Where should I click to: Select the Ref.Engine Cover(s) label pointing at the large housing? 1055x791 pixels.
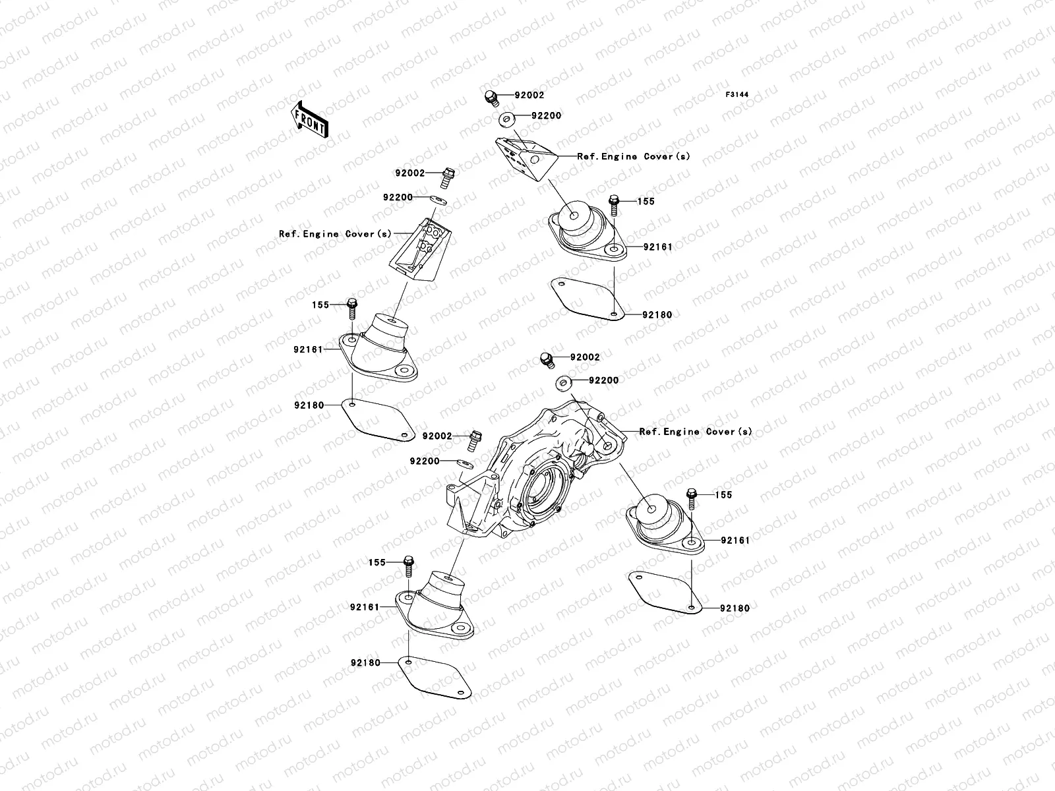[x=695, y=432]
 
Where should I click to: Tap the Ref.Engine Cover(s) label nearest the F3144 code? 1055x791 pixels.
[x=634, y=157]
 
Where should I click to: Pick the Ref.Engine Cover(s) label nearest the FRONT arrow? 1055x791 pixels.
[x=335, y=234]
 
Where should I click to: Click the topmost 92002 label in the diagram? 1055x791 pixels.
[x=529, y=95]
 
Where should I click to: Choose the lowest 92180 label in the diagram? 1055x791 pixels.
[x=366, y=662]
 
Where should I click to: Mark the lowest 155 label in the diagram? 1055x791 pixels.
[x=376, y=563]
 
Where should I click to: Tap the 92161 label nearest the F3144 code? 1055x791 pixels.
[x=657, y=247]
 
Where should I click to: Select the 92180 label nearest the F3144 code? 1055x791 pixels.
[x=657, y=315]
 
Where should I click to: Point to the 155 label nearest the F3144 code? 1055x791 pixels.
[x=646, y=201]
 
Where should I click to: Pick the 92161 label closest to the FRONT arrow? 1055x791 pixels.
[x=308, y=349]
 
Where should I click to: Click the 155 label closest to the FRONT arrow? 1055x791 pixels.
[x=320, y=305]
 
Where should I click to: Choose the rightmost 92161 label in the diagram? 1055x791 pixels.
[x=735, y=540]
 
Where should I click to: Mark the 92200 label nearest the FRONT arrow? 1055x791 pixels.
[x=398, y=197]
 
